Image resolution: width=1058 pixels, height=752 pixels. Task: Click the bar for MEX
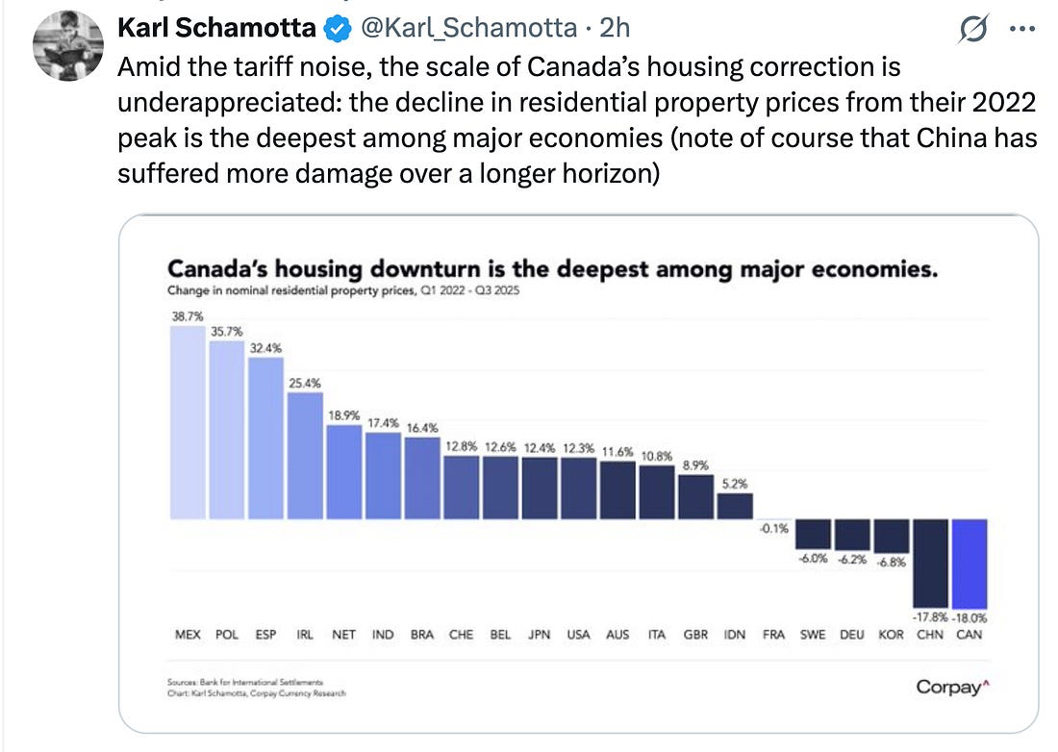[188, 423]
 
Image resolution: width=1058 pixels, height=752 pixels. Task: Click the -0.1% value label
[772, 528]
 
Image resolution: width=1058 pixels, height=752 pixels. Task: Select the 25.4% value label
[305, 383]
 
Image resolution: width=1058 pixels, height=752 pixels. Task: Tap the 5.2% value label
[734, 484]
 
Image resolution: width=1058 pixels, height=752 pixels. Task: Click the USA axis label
[578, 635]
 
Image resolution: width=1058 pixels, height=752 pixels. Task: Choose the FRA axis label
[773, 635]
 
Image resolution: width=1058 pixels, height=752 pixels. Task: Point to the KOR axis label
[891, 635]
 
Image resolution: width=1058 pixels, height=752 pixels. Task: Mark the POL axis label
[227, 635]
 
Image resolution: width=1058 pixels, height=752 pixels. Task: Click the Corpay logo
[947, 687]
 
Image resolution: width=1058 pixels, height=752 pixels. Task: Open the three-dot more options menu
[1019, 30]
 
